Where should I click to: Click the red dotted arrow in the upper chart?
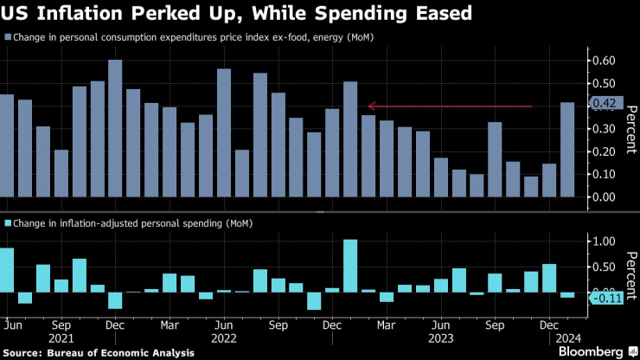point(449,106)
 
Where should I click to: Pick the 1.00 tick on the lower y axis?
point(604,241)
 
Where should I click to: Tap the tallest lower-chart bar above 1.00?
point(350,265)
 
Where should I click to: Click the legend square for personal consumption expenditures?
point(8,38)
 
